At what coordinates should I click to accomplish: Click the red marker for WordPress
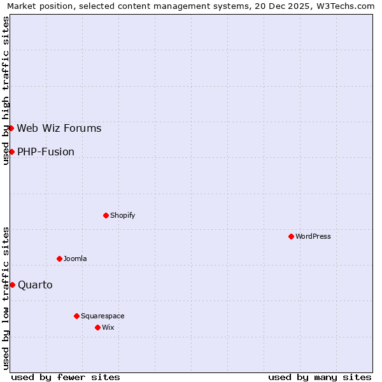(x=291, y=236)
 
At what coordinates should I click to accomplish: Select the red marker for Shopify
(x=106, y=215)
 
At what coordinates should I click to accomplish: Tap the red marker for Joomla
(x=59, y=258)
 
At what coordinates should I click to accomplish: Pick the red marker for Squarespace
(x=76, y=316)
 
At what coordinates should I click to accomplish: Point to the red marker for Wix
(x=97, y=327)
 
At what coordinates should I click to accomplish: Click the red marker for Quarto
(x=12, y=285)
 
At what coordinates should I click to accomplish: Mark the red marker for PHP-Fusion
(x=11, y=152)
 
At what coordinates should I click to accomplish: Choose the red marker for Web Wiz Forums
(x=11, y=128)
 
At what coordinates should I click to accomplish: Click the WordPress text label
(x=313, y=236)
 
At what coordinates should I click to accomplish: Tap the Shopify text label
(x=123, y=215)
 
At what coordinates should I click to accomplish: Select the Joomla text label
(x=75, y=258)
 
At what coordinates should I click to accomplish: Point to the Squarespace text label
(x=103, y=316)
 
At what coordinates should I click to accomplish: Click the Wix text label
(x=108, y=327)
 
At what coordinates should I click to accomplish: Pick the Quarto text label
(x=35, y=285)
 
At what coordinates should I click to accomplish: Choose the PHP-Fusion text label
(x=46, y=152)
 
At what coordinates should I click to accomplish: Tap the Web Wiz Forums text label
(x=59, y=128)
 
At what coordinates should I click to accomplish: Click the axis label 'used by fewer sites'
(x=66, y=377)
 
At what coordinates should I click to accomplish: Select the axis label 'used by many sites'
(x=320, y=377)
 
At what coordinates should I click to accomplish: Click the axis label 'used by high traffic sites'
(x=6, y=90)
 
